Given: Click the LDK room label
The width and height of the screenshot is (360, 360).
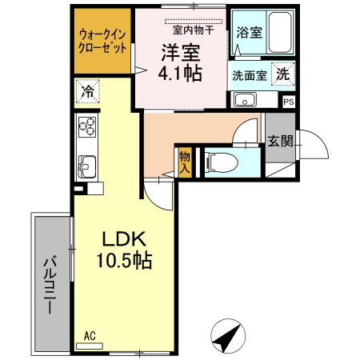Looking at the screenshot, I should (122, 238).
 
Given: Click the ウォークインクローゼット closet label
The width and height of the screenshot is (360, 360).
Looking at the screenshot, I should (102, 41).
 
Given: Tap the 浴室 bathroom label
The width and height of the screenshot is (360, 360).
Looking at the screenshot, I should (250, 33).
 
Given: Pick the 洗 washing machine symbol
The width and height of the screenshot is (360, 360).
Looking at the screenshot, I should (283, 74).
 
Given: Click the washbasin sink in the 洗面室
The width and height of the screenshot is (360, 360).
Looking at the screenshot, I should (244, 101).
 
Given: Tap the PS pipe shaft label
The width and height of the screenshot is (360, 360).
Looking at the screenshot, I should (288, 102).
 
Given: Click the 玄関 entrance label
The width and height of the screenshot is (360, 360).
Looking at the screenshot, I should (280, 142).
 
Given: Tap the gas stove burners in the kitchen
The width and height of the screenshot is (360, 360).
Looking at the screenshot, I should (86, 127).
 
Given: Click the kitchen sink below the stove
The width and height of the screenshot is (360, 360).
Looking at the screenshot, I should (86, 166).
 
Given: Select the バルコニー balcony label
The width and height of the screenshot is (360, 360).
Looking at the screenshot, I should (50, 283).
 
